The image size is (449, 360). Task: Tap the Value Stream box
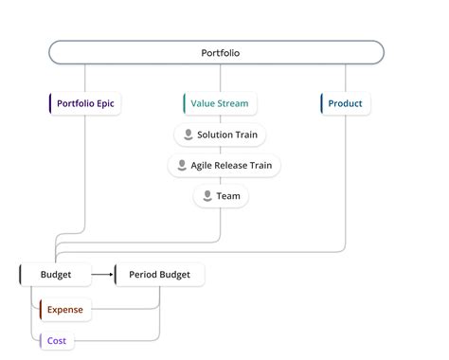point(220,103)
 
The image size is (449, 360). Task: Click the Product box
point(345,103)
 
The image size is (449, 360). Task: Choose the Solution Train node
point(220,135)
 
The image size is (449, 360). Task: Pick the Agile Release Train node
point(224,166)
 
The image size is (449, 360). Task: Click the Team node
point(221,196)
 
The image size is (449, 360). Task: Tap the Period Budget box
point(158,275)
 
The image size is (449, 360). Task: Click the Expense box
point(65,309)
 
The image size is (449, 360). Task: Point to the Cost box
point(57,340)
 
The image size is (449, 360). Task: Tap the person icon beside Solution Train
point(188,135)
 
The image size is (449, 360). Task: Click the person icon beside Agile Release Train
point(181,166)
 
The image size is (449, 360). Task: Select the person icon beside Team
point(207,196)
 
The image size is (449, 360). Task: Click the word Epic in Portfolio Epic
point(107,103)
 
